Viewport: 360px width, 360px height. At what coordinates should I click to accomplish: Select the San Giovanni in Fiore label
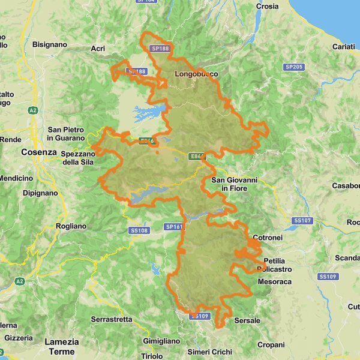pyautogui.click(x=234, y=184)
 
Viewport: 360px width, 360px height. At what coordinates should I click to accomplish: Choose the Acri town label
pyautogui.click(x=98, y=49)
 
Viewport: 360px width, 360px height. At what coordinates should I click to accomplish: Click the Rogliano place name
pyautogui.click(x=71, y=226)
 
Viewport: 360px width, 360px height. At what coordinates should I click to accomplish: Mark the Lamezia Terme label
pyautogui.click(x=62, y=346)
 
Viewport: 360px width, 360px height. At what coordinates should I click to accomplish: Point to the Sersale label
pyautogui.click(x=247, y=320)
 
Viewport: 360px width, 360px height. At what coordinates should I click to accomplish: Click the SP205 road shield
pyautogui.click(x=293, y=67)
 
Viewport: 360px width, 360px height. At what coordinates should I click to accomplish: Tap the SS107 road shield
pyautogui.click(x=302, y=221)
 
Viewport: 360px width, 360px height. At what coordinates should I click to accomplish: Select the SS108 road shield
pyautogui.click(x=138, y=230)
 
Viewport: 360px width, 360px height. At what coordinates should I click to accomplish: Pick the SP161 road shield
pyautogui.click(x=173, y=227)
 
